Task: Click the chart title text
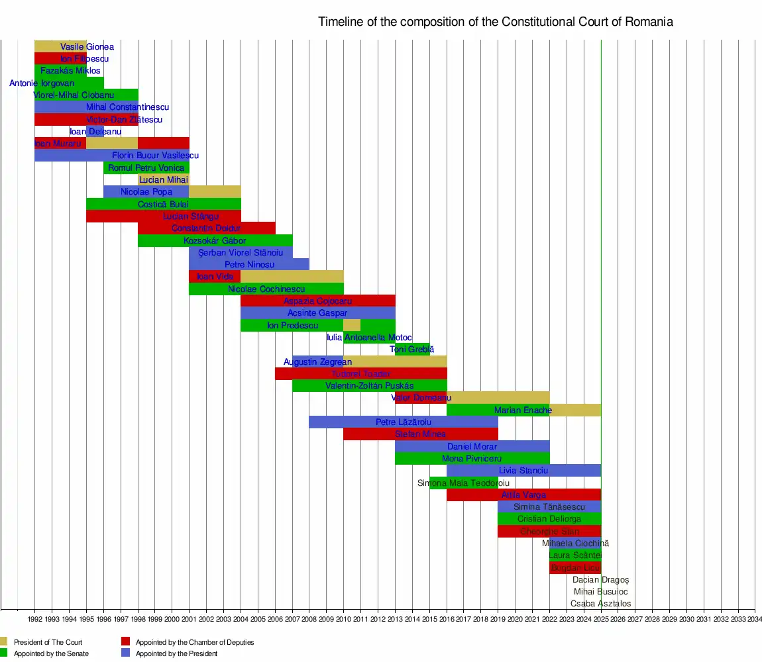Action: [495, 22]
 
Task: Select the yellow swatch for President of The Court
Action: [3, 641]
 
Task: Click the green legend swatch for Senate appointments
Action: [3, 653]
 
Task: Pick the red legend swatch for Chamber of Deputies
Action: [125, 641]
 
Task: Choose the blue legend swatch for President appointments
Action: [125, 653]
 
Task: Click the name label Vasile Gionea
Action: [87, 47]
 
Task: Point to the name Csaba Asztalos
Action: [600, 604]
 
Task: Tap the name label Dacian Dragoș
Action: [600, 580]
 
